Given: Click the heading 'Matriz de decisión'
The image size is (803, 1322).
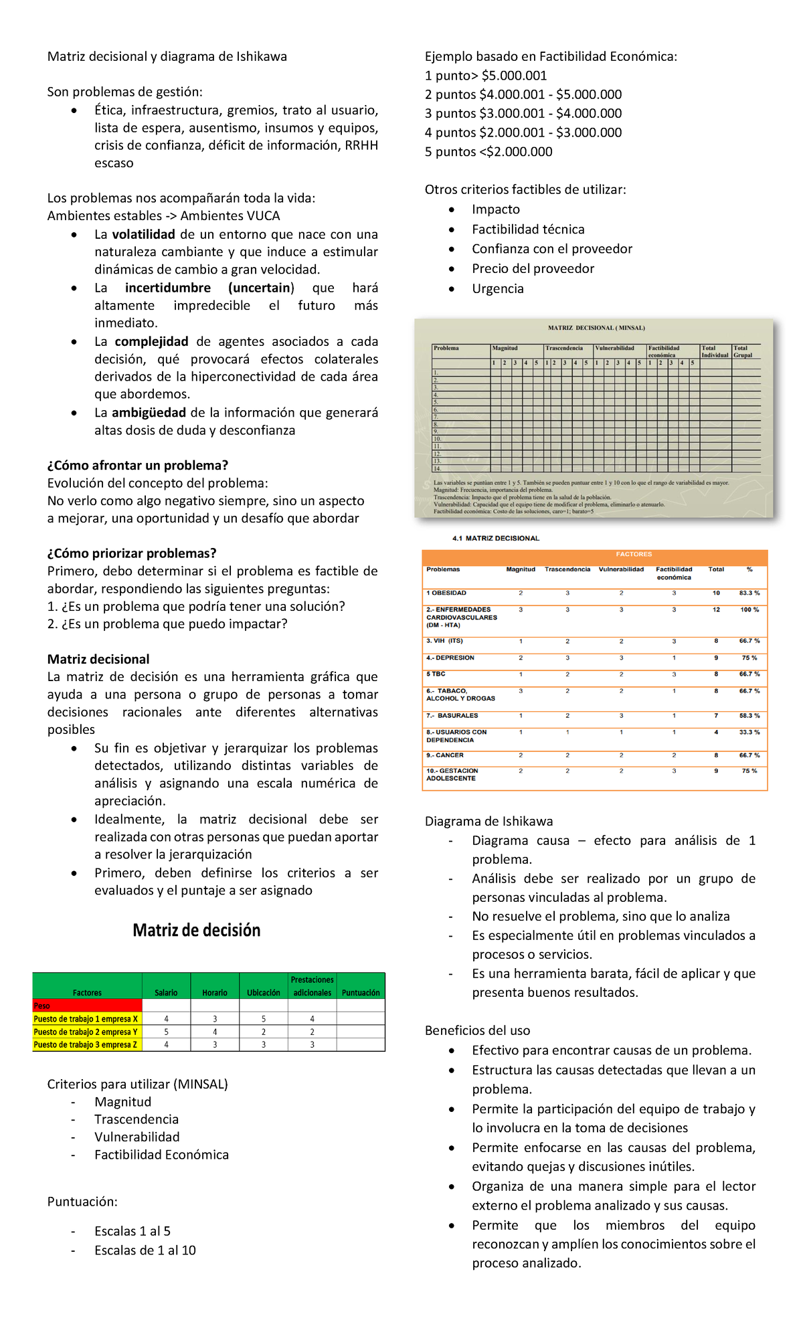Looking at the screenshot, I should click(x=196, y=930).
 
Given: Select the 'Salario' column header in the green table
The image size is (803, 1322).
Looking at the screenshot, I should click(x=166, y=992).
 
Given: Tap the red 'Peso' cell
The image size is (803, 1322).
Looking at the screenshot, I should click(x=87, y=1006).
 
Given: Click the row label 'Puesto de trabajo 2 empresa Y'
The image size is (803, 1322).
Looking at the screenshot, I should click(x=86, y=1032).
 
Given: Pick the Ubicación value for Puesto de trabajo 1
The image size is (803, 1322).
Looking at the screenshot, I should click(x=264, y=1019).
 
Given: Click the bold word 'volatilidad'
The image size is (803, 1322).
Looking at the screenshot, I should click(x=143, y=234).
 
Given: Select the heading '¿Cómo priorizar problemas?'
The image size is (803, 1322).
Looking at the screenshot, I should click(x=132, y=553).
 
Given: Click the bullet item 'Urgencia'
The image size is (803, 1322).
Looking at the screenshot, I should click(x=497, y=288).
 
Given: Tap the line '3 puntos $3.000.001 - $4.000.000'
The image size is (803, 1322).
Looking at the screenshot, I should click(x=523, y=113).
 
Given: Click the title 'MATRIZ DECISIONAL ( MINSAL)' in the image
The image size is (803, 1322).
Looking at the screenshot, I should click(x=596, y=328).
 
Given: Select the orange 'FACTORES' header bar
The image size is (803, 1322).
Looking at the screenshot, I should click(x=633, y=555).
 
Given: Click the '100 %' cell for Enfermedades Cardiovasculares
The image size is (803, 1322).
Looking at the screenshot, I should click(x=749, y=610).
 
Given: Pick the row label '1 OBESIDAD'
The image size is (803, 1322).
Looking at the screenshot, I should click(x=446, y=593).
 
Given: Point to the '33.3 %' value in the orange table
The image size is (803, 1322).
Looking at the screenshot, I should click(x=749, y=733).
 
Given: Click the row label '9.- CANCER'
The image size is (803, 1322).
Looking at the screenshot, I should click(x=444, y=755).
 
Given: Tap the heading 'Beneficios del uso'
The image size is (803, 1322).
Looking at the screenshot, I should click(x=477, y=1030).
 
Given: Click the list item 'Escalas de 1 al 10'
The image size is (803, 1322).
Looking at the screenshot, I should click(x=145, y=1250).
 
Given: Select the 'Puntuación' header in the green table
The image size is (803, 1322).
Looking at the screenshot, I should click(x=361, y=992).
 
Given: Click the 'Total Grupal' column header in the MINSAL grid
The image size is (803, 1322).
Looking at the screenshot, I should click(x=742, y=351).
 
